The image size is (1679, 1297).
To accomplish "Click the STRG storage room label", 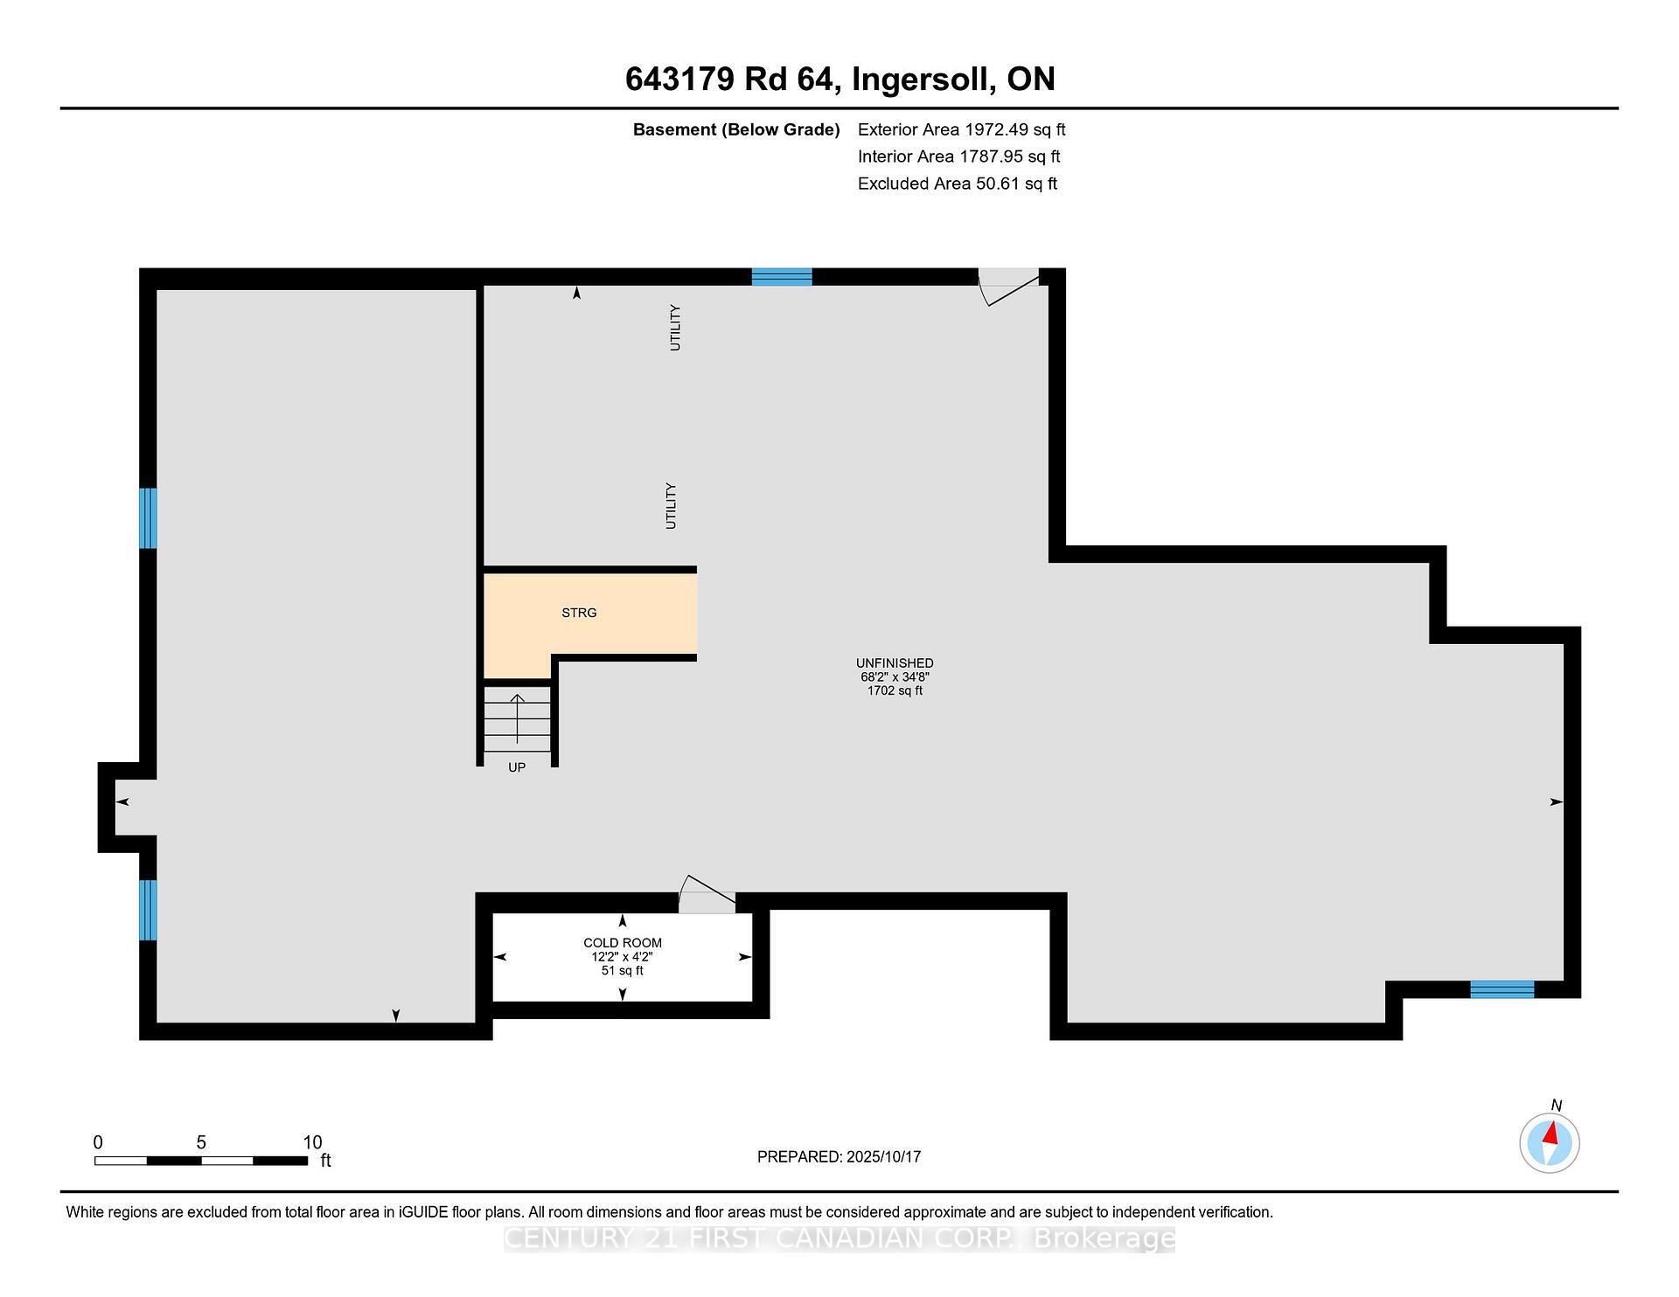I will click(x=579, y=613).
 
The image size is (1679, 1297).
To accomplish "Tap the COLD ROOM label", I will click(x=623, y=943).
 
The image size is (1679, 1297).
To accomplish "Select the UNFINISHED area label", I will click(x=895, y=663).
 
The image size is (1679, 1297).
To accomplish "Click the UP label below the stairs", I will click(x=517, y=767).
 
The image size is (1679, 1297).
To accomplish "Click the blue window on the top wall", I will click(x=782, y=277).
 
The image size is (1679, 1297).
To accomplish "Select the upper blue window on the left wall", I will click(x=149, y=518).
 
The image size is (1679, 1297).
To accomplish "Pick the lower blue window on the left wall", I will click(x=149, y=910).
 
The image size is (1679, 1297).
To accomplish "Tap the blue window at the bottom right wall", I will click(x=1501, y=989).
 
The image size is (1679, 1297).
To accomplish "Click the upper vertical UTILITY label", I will click(x=675, y=328).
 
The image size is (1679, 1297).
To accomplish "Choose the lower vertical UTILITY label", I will click(x=672, y=506).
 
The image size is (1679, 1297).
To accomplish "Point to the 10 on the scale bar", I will click(x=312, y=1142).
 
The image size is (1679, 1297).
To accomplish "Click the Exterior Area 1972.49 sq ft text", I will click(x=961, y=130).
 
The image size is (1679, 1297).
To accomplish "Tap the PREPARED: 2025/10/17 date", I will click(x=839, y=1157).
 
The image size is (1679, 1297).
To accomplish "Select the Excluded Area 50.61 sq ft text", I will click(x=957, y=184).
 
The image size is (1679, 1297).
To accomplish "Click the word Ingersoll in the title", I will click(x=923, y=80).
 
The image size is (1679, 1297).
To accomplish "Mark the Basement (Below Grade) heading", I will click(x=735, y=130).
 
